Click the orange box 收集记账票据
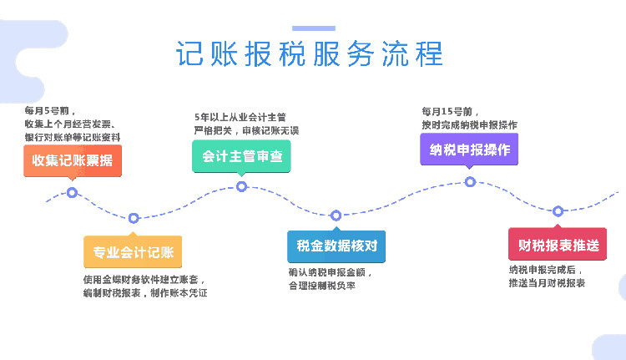(73, 160)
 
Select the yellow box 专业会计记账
(133, 251)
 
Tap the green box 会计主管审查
(241, 156)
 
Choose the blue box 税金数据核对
(336, 246)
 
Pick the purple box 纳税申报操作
(469, 150)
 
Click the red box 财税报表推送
(558, 244)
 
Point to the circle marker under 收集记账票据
(72, 193)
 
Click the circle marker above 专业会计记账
(134, 218)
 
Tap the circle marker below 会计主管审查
(241, 186)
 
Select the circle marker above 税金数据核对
(336, 215)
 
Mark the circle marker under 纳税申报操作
(470, 182)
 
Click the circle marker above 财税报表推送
(558, 211)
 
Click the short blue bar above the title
(314, 28)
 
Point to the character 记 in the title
(189, 53)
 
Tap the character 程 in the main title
(429, 53)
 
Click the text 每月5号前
(47, 111)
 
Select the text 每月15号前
(447, 111)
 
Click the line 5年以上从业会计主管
(240, 118)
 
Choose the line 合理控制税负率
(322, 286)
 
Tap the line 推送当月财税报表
(547, 283)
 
